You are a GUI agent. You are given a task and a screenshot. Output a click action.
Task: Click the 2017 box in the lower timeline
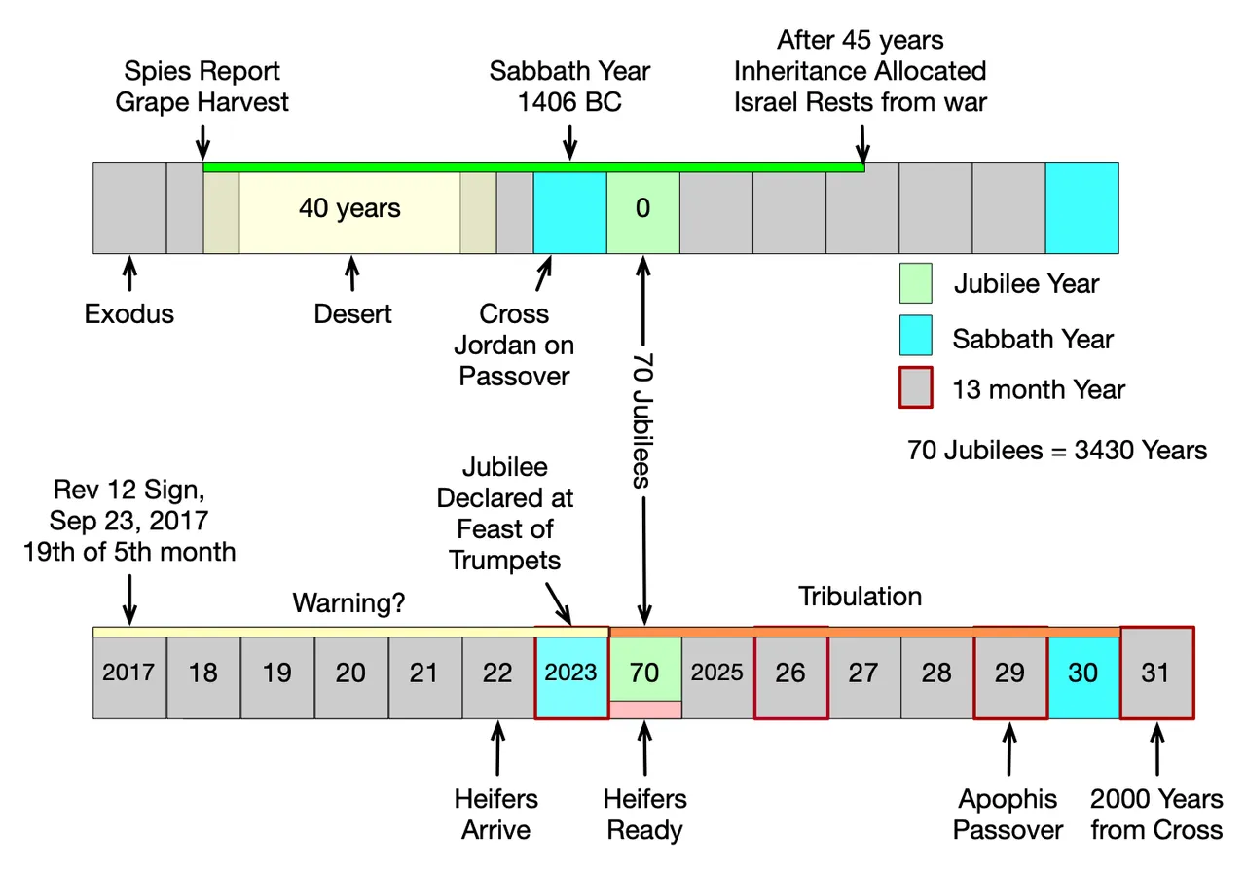(x=129, y=677)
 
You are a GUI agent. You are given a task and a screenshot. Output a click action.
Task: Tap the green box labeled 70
(x=645, y=670)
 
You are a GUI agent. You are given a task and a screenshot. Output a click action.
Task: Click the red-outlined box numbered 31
(x=1157, y=673)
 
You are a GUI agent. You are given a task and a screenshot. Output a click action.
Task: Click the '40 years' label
(x=349, y=208)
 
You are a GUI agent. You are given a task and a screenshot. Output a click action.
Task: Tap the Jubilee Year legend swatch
(x=916, y=283)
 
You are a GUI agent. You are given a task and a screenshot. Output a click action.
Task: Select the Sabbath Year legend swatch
(x=916, y=336)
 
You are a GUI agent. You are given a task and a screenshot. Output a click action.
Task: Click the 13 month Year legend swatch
(x=916, y=387)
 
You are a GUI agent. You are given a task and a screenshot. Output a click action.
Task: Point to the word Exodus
(x=129, y=314)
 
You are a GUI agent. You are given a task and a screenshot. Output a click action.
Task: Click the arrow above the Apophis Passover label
(x=1009, y=748)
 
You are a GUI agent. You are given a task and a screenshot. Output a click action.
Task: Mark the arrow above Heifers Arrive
(x=497, y=748)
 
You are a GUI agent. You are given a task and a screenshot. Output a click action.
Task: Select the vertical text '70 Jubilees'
(x=642, y=420)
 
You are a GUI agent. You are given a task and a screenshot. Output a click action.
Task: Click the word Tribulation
(x=860, y=597)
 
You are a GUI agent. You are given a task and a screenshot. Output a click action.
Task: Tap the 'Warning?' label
(x=348, y=603)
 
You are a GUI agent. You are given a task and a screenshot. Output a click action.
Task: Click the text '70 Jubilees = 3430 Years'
(x=1057, y=450)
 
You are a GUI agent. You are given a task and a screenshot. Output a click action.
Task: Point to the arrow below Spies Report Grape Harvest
(x=203, y=142)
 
